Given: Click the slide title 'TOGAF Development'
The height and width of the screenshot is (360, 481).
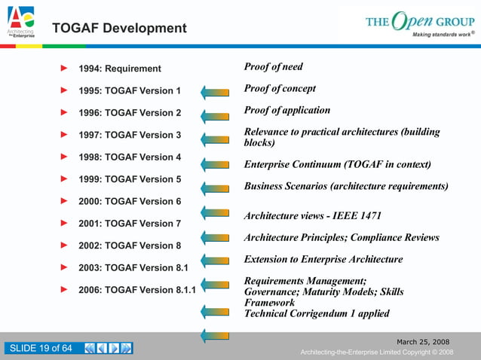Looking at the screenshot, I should (x=119, y=29).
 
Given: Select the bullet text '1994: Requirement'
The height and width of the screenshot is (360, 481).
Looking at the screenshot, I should (x=120, y=69).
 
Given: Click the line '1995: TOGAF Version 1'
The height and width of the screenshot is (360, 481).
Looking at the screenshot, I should (x=130, y=91).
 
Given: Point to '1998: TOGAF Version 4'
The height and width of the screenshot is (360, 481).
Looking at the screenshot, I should (x=130, y=157).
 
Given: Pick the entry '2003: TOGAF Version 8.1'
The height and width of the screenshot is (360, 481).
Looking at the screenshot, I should (x=134, y=267).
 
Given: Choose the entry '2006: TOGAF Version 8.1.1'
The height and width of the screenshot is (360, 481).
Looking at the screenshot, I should (x=138, y=290).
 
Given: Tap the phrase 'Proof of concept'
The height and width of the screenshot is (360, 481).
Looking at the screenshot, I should (x=280, y=89).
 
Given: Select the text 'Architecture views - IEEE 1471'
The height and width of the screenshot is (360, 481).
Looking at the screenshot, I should (x=312, y=215).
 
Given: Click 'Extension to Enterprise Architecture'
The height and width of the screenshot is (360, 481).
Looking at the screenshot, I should (x=323, y=259).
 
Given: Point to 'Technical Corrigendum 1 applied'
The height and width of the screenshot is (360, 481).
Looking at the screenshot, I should (x=317, y=313).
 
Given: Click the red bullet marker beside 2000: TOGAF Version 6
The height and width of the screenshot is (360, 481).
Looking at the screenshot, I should (x=64, y=200).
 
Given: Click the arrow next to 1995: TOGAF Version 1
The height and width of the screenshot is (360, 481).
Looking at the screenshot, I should (x=215, y=93).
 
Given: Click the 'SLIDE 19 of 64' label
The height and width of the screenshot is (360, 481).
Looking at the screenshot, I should (x=40, y=348).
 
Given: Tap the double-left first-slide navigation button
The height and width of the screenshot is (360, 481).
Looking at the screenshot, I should (x=90, y=348).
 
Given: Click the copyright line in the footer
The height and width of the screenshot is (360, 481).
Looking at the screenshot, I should (x=376, y=352).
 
